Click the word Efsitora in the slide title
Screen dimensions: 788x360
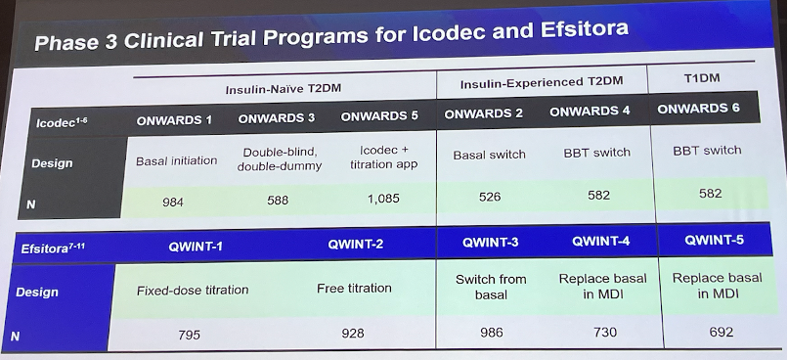[585, 29]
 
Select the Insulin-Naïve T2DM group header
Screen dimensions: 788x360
[283, 89]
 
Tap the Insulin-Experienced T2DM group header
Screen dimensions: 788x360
[542, 82]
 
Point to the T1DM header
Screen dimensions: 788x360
[702, 78]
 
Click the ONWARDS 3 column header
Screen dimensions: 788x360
[277, 118]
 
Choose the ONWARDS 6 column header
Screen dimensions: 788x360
[698, 109]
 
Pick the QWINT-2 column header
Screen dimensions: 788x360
[355, 245]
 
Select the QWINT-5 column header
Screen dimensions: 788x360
[714, 240]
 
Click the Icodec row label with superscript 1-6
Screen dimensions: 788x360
[62, 121]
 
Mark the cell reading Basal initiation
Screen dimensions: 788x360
[176, 160]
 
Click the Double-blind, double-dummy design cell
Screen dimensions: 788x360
[280, 159]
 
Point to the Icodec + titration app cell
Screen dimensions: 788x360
[383, 157]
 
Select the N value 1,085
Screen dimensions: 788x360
[383, 199]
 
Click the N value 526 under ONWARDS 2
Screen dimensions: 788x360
[490, 196]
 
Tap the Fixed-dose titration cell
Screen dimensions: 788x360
[193, 291]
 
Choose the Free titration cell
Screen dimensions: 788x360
[354, 289]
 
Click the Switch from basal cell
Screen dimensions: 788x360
[491, 287]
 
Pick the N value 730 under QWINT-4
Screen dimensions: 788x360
[604, 332]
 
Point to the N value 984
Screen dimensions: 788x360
[173, 202]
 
